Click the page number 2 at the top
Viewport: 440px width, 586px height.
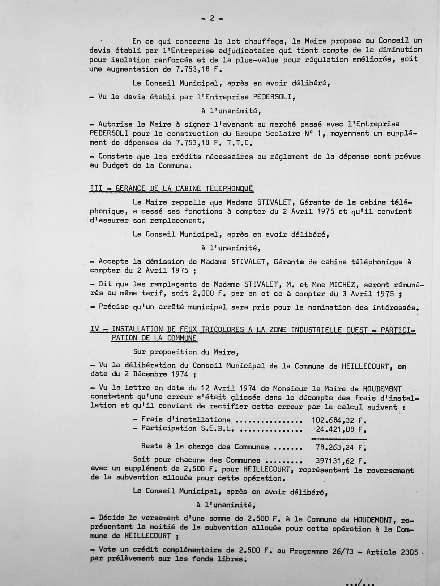[212, 18]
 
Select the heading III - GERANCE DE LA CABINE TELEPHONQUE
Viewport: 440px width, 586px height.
[171, 189]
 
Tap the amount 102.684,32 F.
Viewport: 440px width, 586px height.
[339, 420]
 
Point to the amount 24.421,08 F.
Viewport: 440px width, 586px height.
[341, 430]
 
